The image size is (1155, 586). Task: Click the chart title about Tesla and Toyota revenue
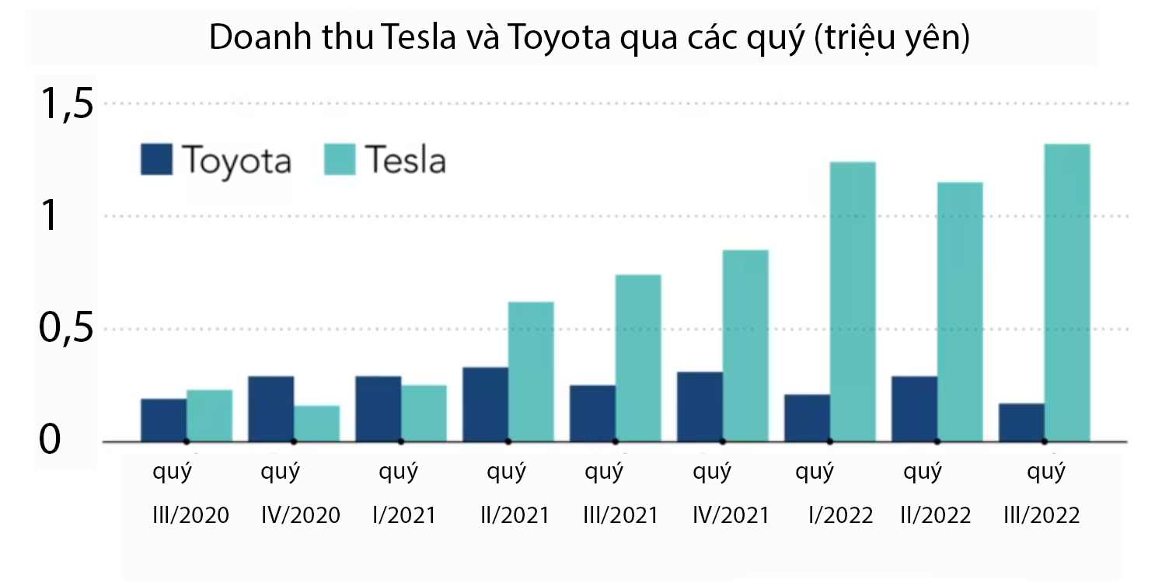(588, 38)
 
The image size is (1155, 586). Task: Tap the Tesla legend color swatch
(339, 159)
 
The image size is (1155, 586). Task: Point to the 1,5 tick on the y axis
(67, 104)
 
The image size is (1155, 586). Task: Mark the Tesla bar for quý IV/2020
(316, 423)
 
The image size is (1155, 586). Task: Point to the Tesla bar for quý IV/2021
(745, 345)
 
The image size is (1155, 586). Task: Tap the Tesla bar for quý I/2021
(424, 413)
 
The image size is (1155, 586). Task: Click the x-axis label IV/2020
(301, 515)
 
